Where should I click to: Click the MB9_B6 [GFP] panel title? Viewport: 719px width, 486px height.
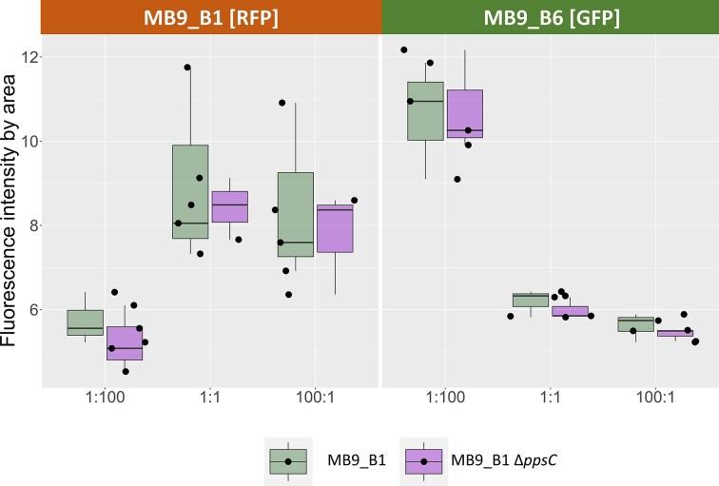click(x=550, y=18)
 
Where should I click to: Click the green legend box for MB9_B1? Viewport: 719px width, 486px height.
click(x=287, y=461)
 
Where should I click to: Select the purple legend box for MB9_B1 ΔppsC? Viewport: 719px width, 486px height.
click(x=424, y=461)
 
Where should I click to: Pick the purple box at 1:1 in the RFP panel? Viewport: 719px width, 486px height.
click(x=230, y=206)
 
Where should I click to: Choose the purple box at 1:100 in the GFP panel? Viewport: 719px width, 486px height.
click(x=465, y=114)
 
